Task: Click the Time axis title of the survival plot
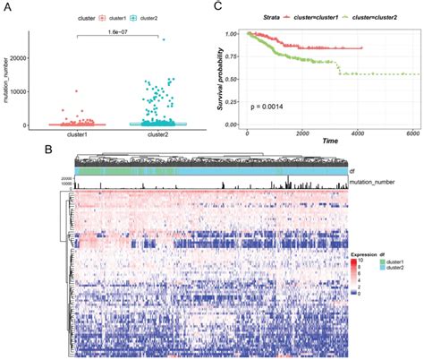330,141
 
